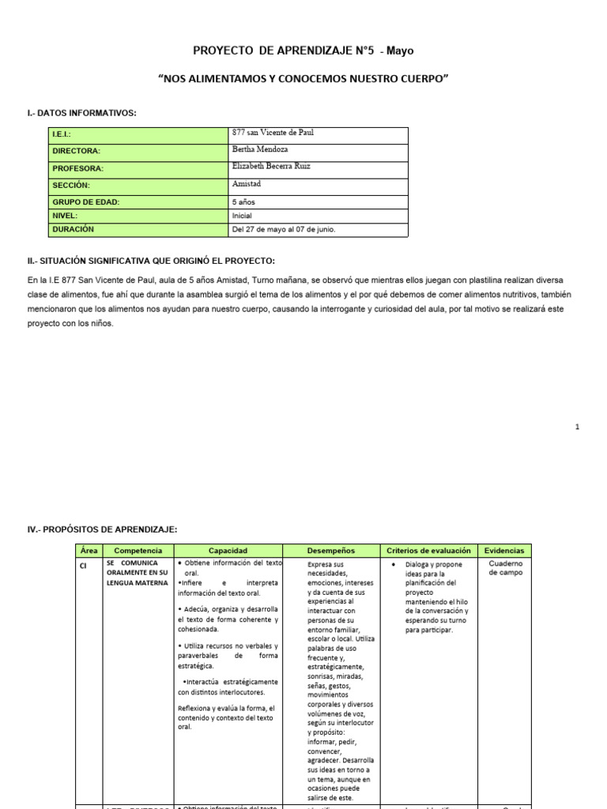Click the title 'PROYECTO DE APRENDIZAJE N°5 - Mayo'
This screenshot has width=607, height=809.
303,51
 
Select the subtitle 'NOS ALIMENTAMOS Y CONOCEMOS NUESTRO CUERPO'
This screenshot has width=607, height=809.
303,81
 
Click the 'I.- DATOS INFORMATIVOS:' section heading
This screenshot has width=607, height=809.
82,114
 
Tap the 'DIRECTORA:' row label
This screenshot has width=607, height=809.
77,151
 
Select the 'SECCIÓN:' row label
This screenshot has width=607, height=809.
72,185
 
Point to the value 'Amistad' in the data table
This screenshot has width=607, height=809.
247,184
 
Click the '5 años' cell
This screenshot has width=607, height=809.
244,201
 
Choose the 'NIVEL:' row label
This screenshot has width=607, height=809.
65,215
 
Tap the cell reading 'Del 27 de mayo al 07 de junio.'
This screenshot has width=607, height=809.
284,230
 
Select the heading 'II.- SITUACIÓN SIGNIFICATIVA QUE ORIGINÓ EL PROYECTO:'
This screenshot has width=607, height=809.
151,261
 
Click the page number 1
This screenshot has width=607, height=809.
578,427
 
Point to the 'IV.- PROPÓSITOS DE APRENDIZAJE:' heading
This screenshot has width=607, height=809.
103,529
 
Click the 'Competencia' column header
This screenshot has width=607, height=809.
138,550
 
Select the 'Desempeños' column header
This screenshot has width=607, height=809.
330,550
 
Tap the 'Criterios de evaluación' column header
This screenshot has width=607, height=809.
429,550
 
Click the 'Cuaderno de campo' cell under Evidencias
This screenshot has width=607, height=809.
504,568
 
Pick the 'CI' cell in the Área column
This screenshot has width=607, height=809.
84,565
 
